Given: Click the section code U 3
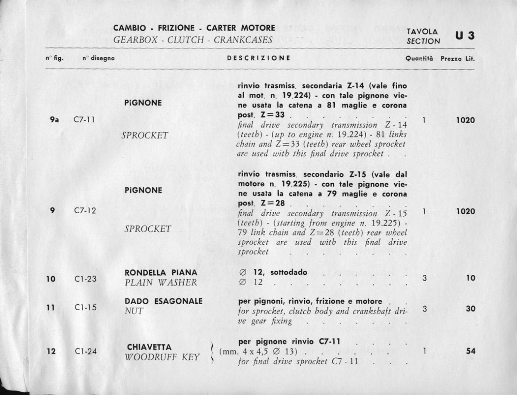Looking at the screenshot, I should pyautogui.click(x=465, y=35).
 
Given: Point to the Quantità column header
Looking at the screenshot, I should pyautogui.click(x=419, y=58).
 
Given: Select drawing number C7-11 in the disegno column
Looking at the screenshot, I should pyautogui.click(x=84, y=121).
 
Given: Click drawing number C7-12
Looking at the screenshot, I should pyautogui.click(x=85, y=211).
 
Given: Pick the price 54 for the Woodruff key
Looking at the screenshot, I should pyautogui.click(x=470, y=351).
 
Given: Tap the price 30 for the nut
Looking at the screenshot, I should pyautogui.click(x=470, y=308).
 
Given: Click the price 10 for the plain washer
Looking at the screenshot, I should pyautogui.click(x=470, y=278).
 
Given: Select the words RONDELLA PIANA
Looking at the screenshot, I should pyautogui.click(x=161, y=273).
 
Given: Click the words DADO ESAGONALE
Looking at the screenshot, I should pyautogui.click(x=163, y=301).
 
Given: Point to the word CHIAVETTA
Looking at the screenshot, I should pyautogui.click(x=149, y=347).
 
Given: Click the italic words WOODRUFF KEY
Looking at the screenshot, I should pyautogui.click(x=162, y=357).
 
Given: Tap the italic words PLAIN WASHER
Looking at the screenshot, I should pyautogui.click(x=160, y=283).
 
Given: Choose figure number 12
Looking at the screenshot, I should pyautogui.click(x=51, y=351).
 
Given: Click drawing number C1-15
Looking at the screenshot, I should pyautogui.click(x=84, y=308).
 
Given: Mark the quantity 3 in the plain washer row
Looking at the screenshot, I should pyautogui.click(x=424, y=278).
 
